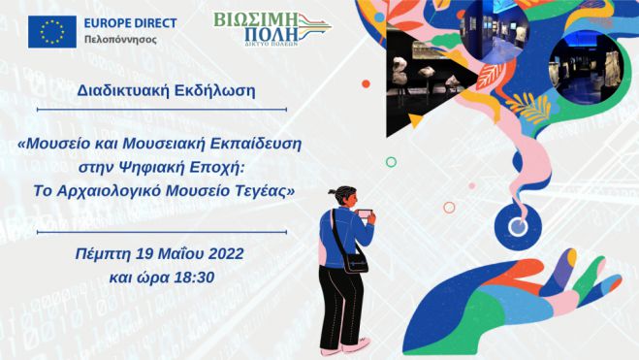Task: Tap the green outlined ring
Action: (x=390, y=162)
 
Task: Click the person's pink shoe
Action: (x=361, y=343)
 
